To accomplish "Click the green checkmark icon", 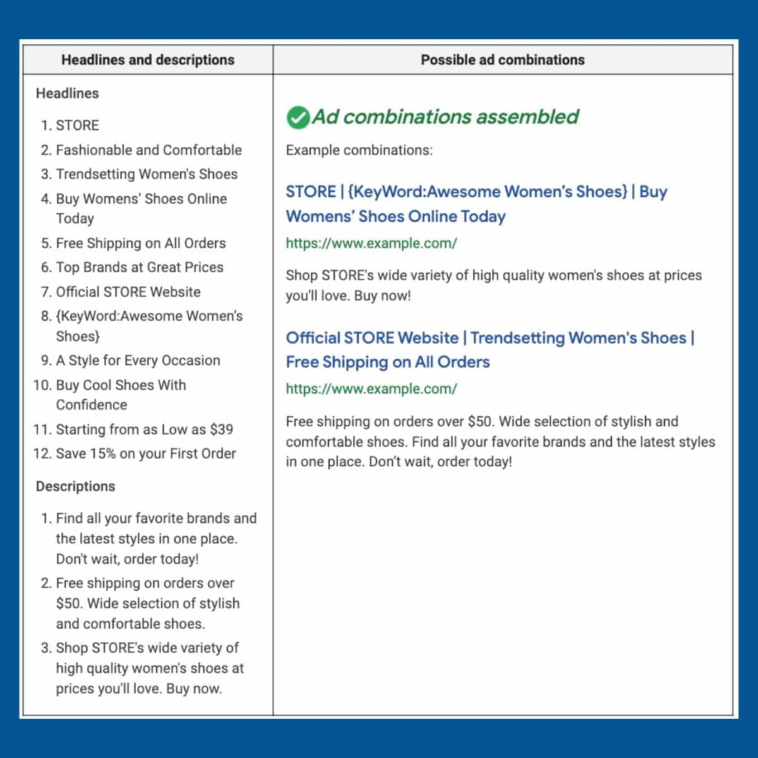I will point(298,117).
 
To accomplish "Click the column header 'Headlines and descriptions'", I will point(148,60).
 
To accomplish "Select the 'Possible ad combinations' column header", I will point(503,60).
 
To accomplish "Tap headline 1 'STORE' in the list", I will point(77,125).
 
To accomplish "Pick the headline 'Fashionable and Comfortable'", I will point(148,150).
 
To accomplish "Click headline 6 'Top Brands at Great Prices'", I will point(140,267).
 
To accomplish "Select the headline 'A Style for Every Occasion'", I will point(138,360).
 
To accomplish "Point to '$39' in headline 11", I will point(222,430).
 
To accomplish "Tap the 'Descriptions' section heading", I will point(75,486).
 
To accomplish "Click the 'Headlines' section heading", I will point(67,93).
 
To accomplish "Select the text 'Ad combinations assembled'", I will point(445,117).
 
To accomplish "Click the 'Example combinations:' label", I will point(359,150).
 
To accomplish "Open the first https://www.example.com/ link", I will point(371,243).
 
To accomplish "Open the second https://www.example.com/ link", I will point(371,389).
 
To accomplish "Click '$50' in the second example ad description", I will point(481,421).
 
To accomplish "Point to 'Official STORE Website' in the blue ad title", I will point(372,338).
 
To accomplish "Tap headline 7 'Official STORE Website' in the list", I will point(128,292).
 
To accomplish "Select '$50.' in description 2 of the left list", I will point(69,603).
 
